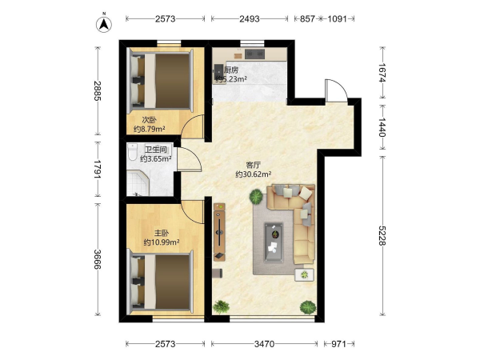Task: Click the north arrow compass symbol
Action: tap(104, 24)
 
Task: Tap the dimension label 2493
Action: tap(250, 19)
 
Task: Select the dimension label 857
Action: tap(307, 19)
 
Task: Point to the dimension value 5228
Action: tap(382, 235)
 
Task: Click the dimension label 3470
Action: tap(264, 344)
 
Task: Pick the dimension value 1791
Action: tap(98, 169)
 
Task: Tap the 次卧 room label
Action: tap(149, 120)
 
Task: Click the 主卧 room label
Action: tap(162, 234)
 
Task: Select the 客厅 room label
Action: tap(253, 166)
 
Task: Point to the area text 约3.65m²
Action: tap(155, 159)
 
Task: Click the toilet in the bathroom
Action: tap(133, 151)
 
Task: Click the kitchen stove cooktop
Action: tap(254, 54)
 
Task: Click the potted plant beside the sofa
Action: tap(256, 197)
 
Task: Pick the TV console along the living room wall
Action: tap(219, 232)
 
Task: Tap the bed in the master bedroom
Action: tap(162, 282)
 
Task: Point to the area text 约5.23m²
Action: tap(231, 79)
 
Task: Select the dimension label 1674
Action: tap(382, 73)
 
